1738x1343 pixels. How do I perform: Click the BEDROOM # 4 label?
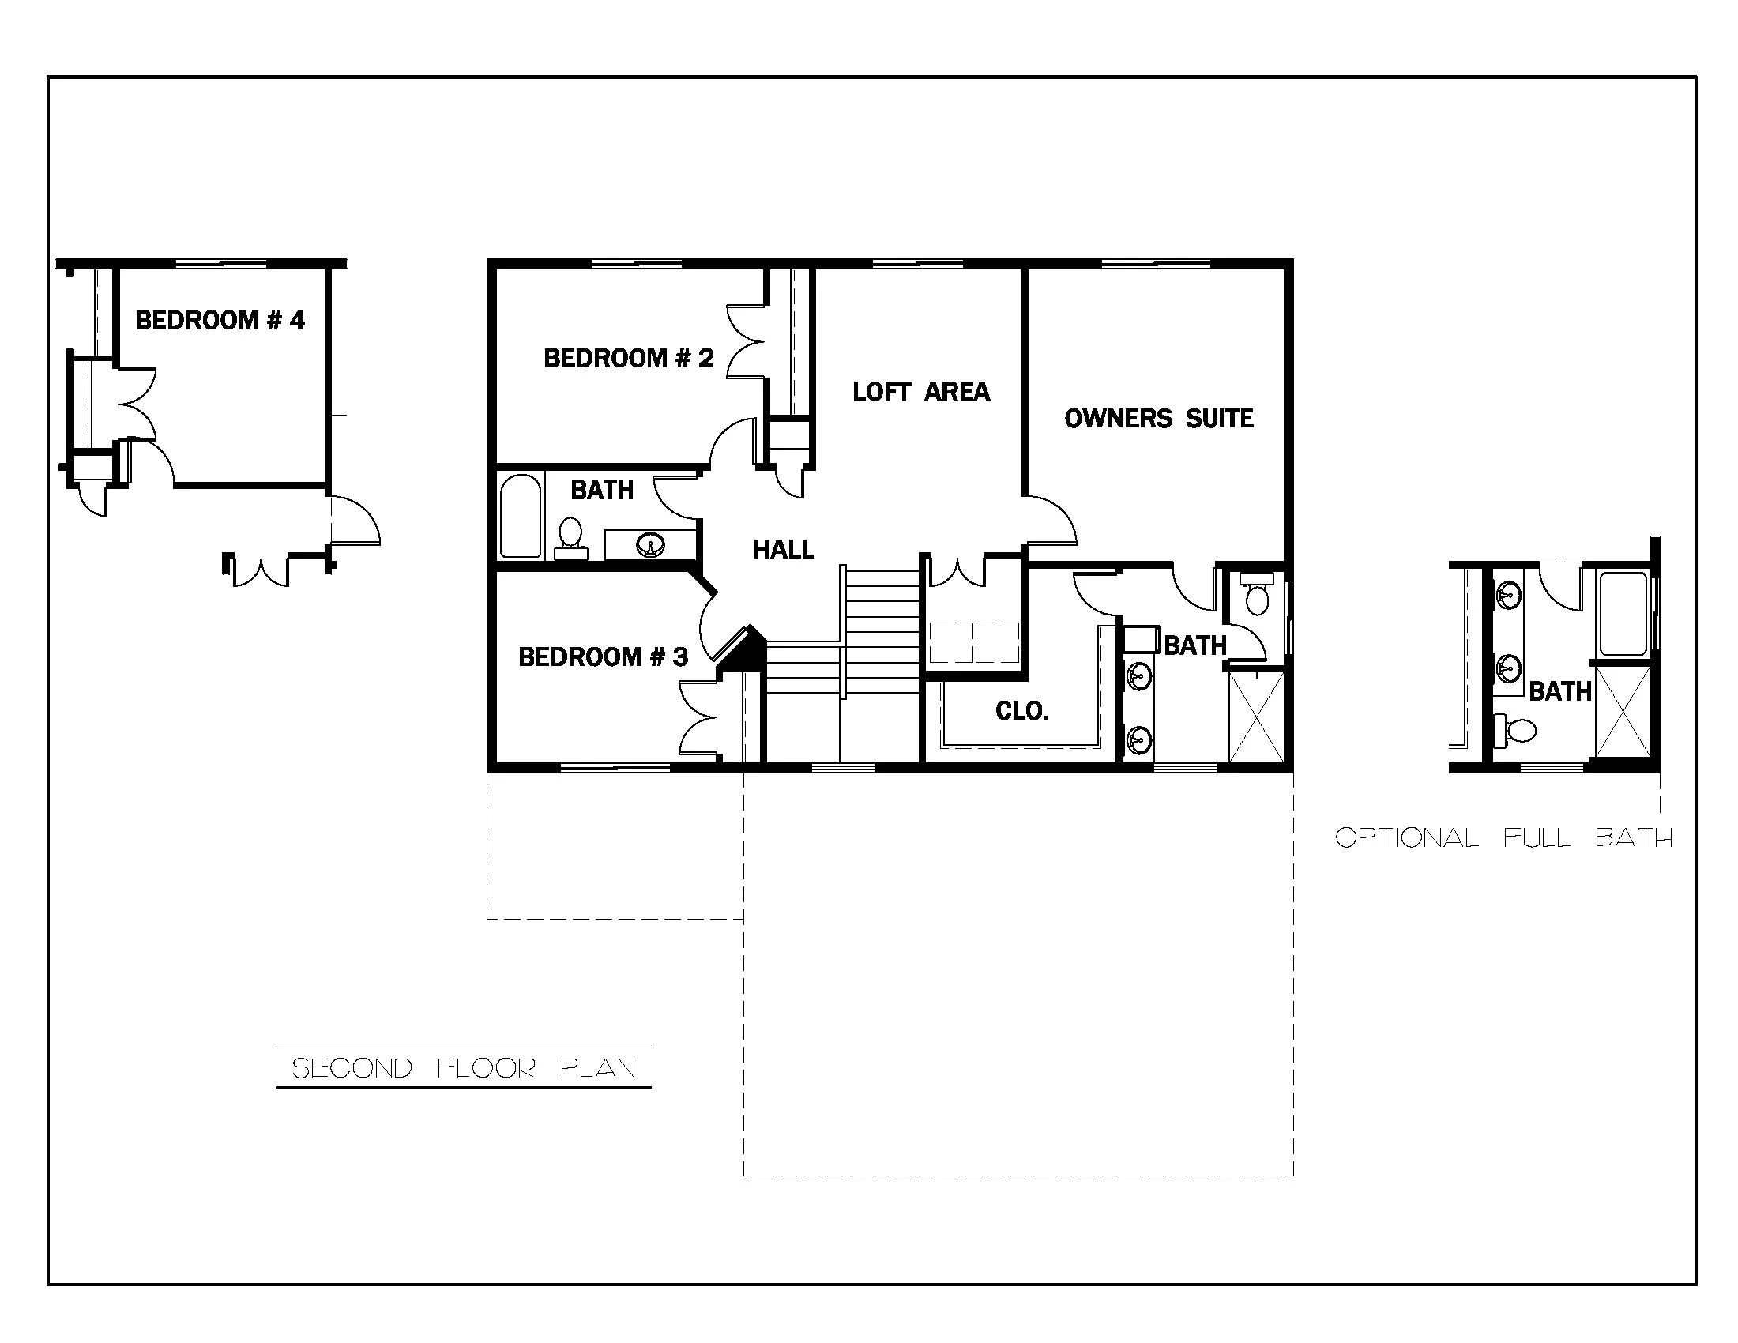(220, 321)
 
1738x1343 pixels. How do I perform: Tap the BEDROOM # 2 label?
(628, 359)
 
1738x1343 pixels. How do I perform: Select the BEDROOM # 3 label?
(603, 657)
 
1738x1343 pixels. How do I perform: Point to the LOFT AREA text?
(920, 393)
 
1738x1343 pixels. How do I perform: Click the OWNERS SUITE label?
(1158, 419)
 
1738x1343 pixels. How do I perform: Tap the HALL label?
(783, 550)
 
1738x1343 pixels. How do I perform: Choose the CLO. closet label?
(1021, 711)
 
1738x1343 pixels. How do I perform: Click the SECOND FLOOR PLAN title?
(464, 1068)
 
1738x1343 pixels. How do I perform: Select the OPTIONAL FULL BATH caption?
(1503, 837)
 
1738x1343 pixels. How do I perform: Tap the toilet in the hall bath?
(570, 535)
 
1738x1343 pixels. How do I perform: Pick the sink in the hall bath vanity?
(651, 545)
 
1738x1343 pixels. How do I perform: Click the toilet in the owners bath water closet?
(1257, 596)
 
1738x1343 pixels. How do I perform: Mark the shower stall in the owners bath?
(1256, 717)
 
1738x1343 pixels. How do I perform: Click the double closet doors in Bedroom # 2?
(746, 342)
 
